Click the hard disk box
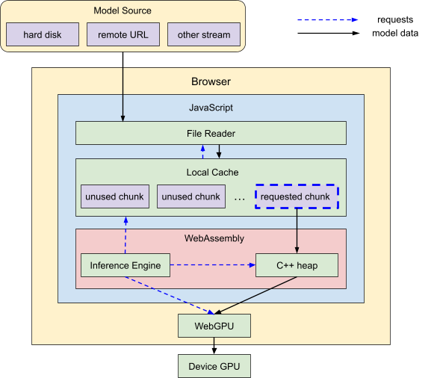click(x=43, y=34)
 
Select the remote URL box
click(x=123, y=34)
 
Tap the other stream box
click(x=204, y=34)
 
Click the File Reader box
click(x=211, y=133)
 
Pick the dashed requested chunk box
click(x=297, y=196)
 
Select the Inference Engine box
click(x=126, y=265)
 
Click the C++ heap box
click(x=297, y=265)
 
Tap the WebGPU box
click(x=214, y=326)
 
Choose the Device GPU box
click(x=214, y=366)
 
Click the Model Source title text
click(x=123, y=10)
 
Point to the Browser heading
click(x=211, y=81)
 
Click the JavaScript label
click(x=211, y=108)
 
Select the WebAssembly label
click(x=214, y=238)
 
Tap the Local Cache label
click(x=212, y=172)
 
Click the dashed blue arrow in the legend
click(x=328, y=19)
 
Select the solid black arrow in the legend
click(x=328, y=33)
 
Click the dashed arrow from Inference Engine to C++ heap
click(x=213, y=265)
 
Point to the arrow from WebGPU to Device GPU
click(x=214, y=346)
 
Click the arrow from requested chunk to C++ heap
click(x=297, y=231)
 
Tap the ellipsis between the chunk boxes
click(x=240, y=199)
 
